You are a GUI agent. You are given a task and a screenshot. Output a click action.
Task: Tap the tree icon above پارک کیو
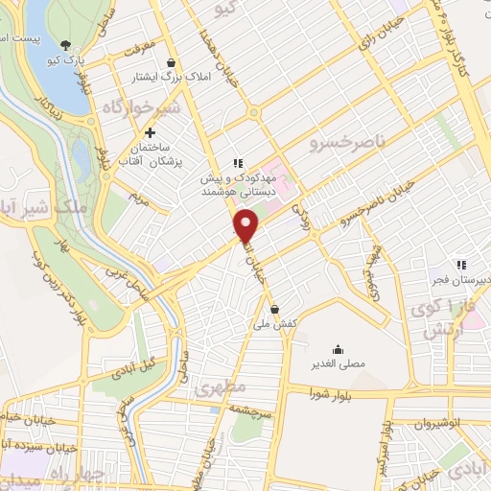click(65, 44)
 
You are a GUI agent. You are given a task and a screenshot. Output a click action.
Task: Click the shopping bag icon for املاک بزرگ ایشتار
click(171, 62)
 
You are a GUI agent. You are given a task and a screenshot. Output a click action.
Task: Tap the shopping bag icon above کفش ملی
click(275, 309)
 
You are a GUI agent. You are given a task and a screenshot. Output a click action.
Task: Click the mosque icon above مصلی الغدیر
click(338, 350)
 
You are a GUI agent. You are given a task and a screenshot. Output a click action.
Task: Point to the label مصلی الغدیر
click(339, 364)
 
